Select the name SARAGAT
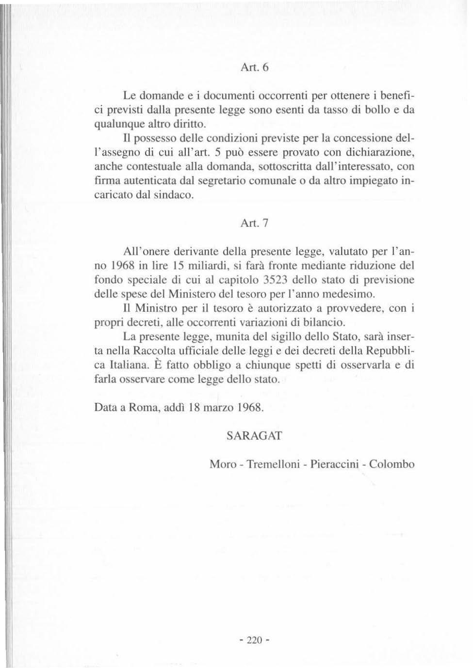pos(254,435)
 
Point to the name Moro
pos(223,464)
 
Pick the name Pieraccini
pos(335,464)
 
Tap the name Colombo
pos(392,464)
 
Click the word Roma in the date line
pos(143,407)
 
